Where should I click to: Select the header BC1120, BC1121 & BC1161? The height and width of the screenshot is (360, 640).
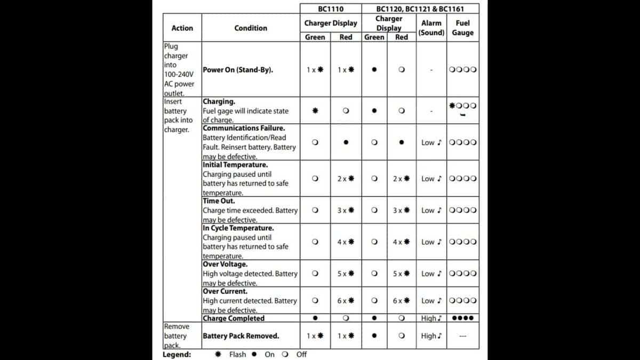(x=420, y=9)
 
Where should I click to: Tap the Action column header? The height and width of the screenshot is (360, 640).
(x=182, y=28)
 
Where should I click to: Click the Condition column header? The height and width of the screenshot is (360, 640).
(x=251, y=28)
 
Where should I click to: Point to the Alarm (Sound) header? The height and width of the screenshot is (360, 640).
(x=431, y=28)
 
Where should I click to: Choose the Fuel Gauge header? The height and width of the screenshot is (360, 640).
(x=462, y=28)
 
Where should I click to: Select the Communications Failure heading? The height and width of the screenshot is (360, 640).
(x=244, y=129)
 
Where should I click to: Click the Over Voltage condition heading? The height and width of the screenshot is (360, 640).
(x=225, y=264)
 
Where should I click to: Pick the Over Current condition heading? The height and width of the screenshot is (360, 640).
(x=225, y=292)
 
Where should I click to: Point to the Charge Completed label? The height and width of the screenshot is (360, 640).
(x=234, y=318)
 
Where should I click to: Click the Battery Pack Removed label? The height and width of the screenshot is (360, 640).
(x=241, y=336)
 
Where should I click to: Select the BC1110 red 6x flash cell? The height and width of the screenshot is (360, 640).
(x=346, y=301)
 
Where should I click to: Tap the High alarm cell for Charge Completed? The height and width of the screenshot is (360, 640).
(x=431, y=318)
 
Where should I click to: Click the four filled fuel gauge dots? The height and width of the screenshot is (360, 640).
(x=462, y=318)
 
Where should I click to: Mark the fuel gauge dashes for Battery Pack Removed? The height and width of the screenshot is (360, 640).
(x=462, y=337)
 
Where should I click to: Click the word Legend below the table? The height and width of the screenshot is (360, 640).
(x=177, y=354)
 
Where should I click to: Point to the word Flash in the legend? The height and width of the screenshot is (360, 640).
(x=237, y=354)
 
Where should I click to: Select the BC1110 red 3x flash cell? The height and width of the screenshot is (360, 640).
(x=346, y=210)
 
